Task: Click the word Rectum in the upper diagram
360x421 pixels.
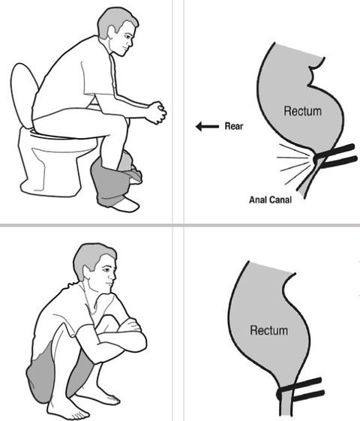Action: point(302,111)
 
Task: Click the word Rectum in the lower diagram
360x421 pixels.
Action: point(268,330)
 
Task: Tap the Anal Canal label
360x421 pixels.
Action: point(270,200)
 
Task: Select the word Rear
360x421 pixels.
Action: point(234,126)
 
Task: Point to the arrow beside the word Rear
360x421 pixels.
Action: point(207,127)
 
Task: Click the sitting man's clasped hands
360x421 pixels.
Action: point(157,113)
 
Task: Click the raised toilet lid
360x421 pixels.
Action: point(23,95)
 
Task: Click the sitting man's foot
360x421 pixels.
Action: point(126,205)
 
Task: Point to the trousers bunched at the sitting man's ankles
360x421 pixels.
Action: point(116,177)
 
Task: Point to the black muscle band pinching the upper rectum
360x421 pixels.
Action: point(335,156)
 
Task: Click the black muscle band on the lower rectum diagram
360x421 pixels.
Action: point(301,389)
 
